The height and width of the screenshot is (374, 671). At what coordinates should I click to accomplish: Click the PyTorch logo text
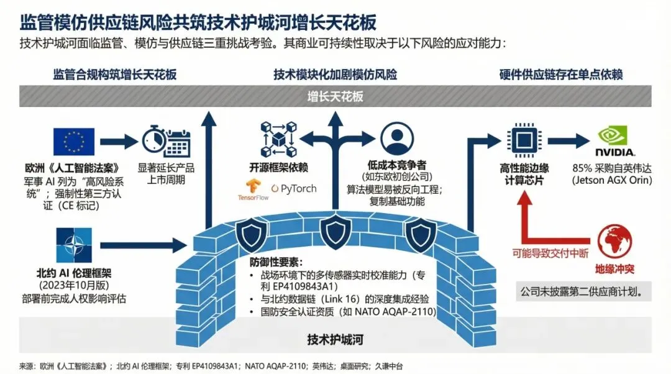(293, 188)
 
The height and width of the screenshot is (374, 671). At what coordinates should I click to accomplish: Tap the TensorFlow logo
(252, 189)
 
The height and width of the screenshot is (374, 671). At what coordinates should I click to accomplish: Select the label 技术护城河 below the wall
(335, 339)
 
